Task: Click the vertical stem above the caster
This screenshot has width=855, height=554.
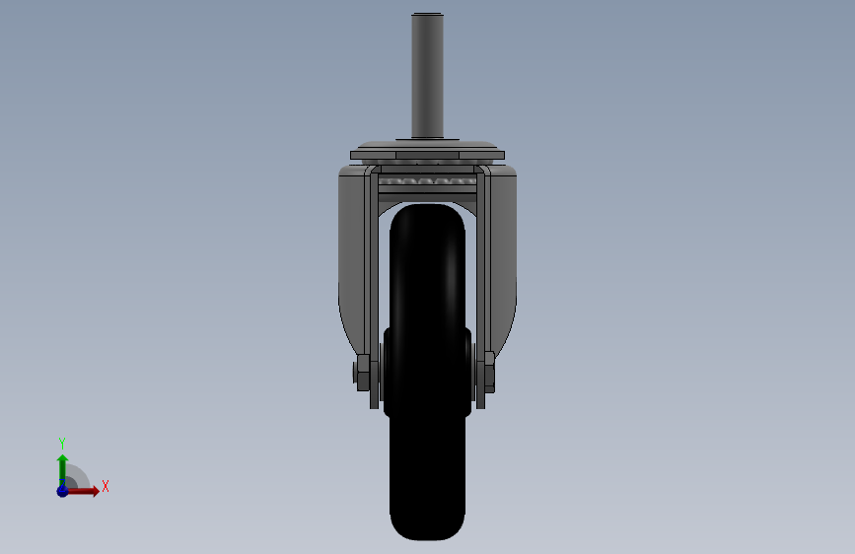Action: pos(427,75)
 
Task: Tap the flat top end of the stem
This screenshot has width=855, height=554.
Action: pos(427,14)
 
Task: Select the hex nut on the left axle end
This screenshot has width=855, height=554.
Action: pos(362,373)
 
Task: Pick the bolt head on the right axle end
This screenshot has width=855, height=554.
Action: pos(490,373)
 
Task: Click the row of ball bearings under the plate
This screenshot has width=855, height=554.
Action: pos(428,181)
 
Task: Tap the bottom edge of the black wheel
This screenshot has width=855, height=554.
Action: pos(428,539)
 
